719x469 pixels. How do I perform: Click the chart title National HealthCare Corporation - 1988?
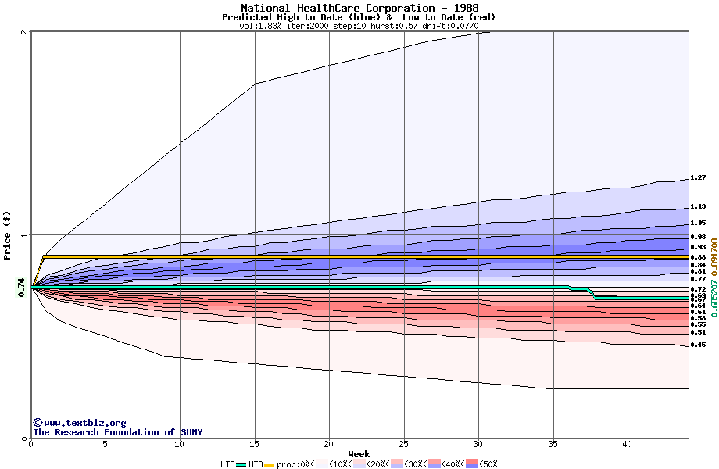coord(359,8)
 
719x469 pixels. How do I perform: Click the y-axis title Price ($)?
coord(7,235)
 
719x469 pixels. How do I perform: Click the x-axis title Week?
coord(359,454)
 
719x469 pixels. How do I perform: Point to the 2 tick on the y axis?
coord(26,32)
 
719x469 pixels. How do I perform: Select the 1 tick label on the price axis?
coord(26,235)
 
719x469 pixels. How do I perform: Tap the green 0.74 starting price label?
coord(21,288)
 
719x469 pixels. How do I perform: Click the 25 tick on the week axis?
coord(404,444)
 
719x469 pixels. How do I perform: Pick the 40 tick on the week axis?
coord(628,444)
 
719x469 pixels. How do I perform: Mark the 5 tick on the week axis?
coord(106,444)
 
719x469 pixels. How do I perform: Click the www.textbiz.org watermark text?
coord(80,423)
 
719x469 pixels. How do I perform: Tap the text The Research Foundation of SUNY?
coord(117,432)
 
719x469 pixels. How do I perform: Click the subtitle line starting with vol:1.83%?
coord(359,26)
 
